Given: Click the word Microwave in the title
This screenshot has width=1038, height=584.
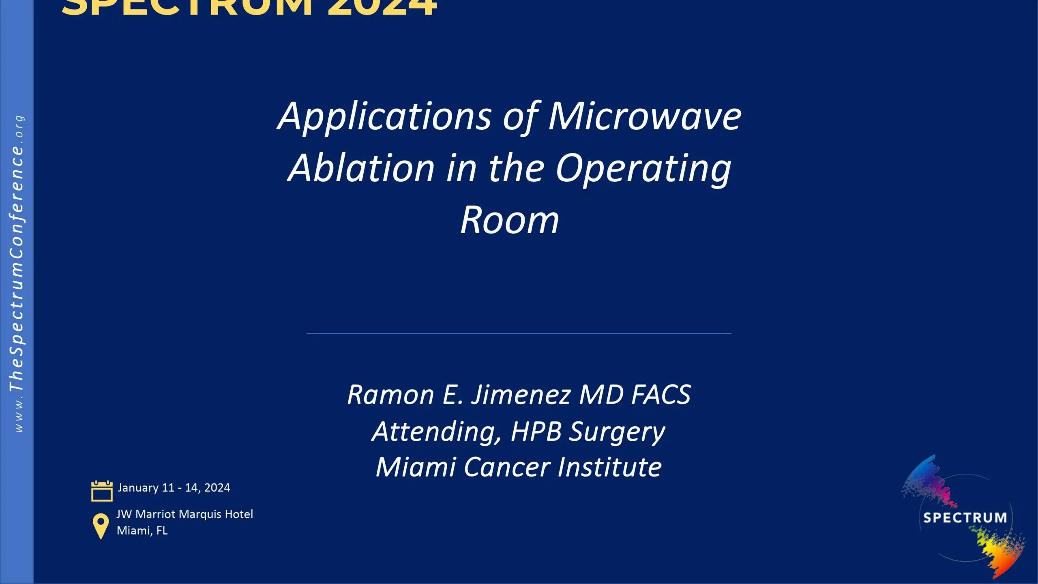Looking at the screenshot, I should [645, 116].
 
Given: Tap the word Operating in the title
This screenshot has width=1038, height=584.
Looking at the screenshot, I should [643, 169].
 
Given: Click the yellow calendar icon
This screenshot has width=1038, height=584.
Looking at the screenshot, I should [102, 491].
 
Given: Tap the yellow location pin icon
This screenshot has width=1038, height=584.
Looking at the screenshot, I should [101, 526].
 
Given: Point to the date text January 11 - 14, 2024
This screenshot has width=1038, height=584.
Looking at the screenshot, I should [174, 487].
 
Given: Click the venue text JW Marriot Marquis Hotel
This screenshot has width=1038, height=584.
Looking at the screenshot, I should [185, 514].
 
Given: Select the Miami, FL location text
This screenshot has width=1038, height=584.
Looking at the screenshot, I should [142, 530].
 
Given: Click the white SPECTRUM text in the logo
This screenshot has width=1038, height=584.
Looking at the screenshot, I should [965, 518].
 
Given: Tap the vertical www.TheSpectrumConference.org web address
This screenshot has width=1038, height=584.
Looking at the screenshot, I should [17, 274].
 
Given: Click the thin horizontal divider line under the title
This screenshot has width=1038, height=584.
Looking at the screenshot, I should [519, 333].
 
